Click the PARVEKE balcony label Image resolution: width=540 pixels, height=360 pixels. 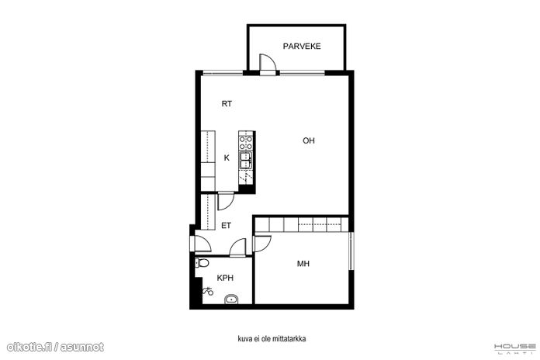pos(302,46)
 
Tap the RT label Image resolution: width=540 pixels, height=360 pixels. pos(227,104)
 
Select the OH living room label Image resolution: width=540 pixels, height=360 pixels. pos(309,140)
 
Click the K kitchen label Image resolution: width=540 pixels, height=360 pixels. pos(227,157)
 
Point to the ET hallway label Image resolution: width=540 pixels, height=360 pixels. pos(226,226)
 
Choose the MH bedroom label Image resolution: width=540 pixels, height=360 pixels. pos(303,264)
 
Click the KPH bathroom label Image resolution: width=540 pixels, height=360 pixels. pos(225,278)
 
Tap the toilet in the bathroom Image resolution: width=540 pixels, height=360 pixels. pos(202,263)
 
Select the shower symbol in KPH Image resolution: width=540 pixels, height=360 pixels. pos(208,292)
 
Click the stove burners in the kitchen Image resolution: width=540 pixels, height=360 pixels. pos(246,143)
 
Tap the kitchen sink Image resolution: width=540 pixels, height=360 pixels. pos(246,160)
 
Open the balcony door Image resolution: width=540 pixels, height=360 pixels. pos(268,64)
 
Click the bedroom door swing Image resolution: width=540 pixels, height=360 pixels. pos(262,244)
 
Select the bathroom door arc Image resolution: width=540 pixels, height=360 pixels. pos(237,247)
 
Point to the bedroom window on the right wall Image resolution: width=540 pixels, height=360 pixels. pos(351,251)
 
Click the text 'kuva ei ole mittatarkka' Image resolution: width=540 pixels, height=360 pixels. pos(272,338)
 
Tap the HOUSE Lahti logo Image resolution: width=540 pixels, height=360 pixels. pos(515,348)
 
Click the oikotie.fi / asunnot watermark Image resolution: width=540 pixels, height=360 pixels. pos(55,347)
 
